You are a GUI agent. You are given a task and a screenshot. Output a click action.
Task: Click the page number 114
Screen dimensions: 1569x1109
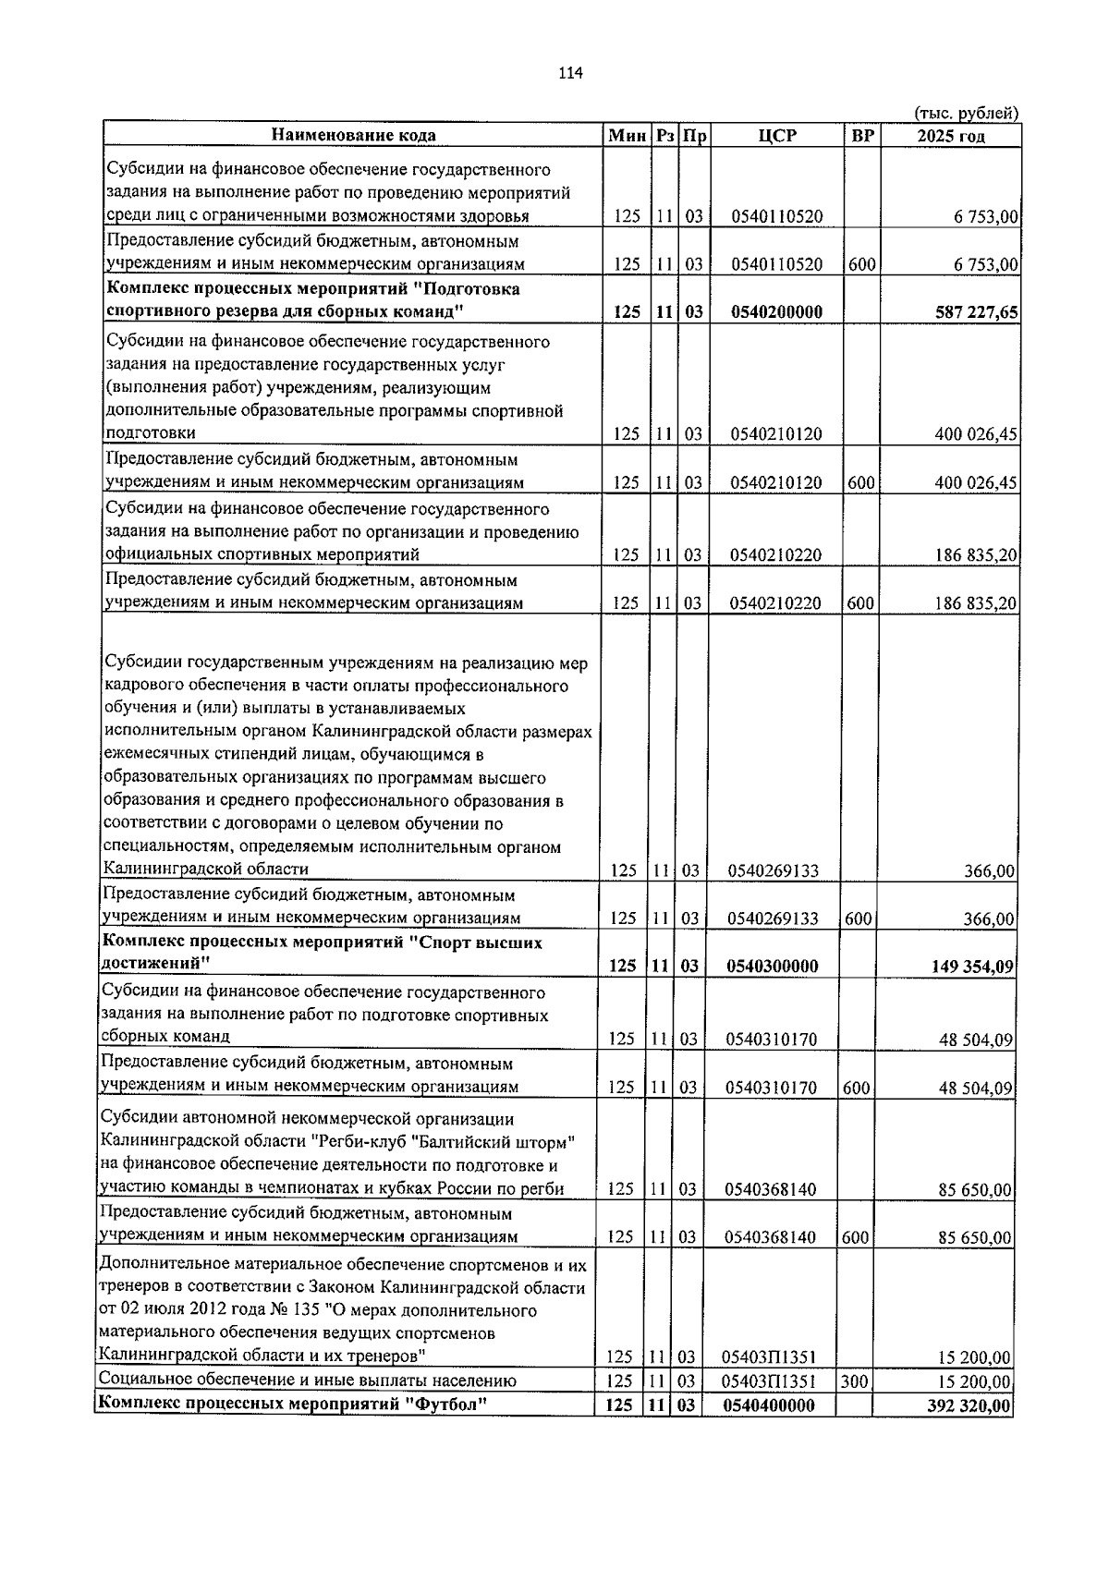click(x=570, y=74)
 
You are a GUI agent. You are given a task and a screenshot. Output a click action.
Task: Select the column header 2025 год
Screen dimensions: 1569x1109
click(x=950, y=136)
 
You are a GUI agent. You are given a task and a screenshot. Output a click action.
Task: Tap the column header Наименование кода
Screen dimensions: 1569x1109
click(x=353, y=136)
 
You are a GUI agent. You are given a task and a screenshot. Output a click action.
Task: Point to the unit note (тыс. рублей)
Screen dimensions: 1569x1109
click(x=966, y=113)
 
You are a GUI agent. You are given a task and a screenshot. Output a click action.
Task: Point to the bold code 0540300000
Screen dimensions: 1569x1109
click(x=772, y=967)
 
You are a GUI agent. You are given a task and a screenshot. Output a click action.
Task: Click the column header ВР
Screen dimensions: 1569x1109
click(x=861, y=136)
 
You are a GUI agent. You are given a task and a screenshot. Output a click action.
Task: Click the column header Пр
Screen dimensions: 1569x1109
click(x=694, y=136)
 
